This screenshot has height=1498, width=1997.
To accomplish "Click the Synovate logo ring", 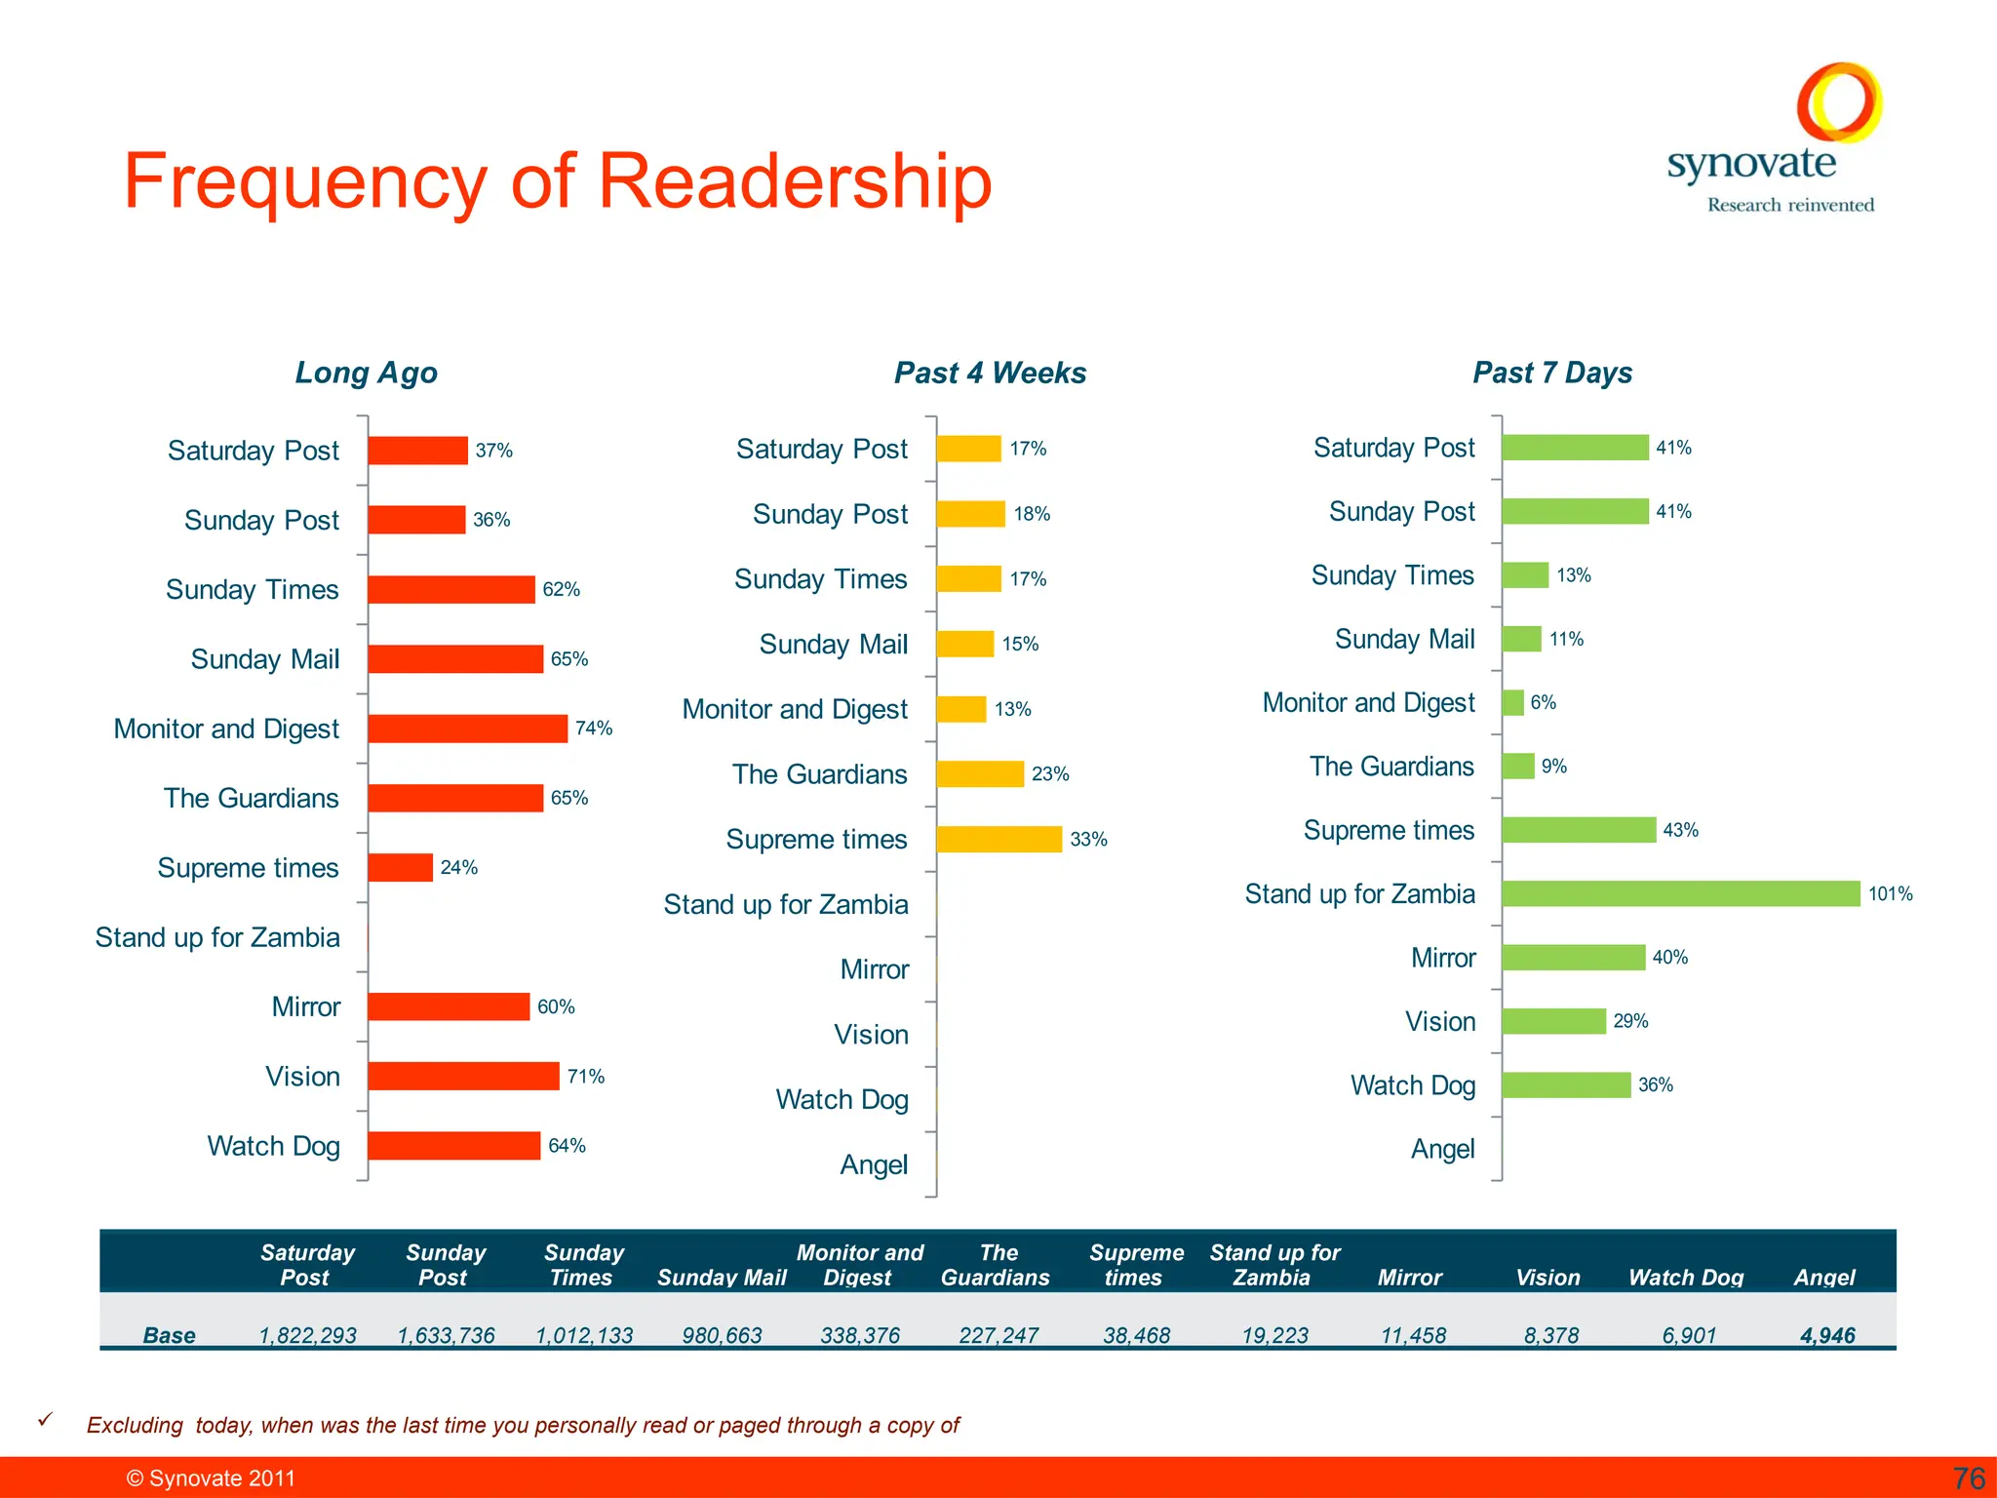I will pyautogui.click(x=1839, y=101).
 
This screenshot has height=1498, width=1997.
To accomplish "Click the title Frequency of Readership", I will pyautogui.click(x=557, y=181).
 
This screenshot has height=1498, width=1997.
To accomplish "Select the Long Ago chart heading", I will pyautogui.click(x=366, y=373).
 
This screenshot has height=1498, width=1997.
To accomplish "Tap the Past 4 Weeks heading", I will pyautogui.click(x=990, y=373).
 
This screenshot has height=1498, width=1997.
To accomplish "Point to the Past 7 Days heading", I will pyautogui.click(x=1552, y=373).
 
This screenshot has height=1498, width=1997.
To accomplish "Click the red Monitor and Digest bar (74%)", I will pyautogui.click(x=467, y=729).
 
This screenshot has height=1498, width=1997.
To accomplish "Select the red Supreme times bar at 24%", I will pyautogui.click(x=400, y=867).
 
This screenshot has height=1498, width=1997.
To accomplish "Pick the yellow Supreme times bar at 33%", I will pyautogui.click(x=998, y=839).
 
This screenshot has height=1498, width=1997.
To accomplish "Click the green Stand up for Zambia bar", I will pyautogui.click(x=1680, y=893).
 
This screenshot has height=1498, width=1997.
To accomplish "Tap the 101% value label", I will pyautogui.click(x=1890, y=893).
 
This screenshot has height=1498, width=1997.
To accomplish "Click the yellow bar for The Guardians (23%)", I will pyautogui.click(x=979, y=774).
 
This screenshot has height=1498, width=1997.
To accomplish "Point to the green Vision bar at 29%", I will pyautogui.click(x=1553, y=1021).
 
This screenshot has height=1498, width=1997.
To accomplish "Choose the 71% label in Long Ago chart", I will pyautogui.click(x=586, y=1077).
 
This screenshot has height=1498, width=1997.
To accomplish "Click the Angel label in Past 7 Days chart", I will pyautogui.click(x=1442, y=1149).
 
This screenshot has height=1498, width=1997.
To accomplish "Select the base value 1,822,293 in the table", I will pyautogui.click(x=307, y=1335).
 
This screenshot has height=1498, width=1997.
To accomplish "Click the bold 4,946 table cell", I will pyautogui.click(x=1827, y=1335).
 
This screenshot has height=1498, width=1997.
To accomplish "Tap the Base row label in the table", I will pyautogui.click(x=169, y=1335).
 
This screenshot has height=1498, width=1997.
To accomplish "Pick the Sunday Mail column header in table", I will pyautogui.click(x=722, y=1278).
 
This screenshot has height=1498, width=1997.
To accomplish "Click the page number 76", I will pyautogui.click(x=1969, y=1478).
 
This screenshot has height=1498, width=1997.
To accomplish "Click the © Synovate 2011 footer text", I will pyautogui.click(x=211, y=1478).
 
